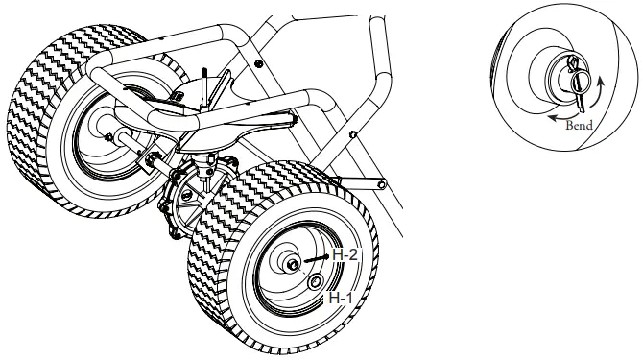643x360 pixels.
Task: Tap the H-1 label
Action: click(x=340, y=300)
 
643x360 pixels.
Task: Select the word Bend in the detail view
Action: click(x=580, y=126)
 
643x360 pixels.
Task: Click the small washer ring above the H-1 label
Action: click(x=316, y=280)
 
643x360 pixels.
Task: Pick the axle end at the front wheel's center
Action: click(x=289, y=261)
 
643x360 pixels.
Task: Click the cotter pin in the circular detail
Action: click(x=579, y=76)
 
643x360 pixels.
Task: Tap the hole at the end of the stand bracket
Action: click(x=381, y=180)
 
